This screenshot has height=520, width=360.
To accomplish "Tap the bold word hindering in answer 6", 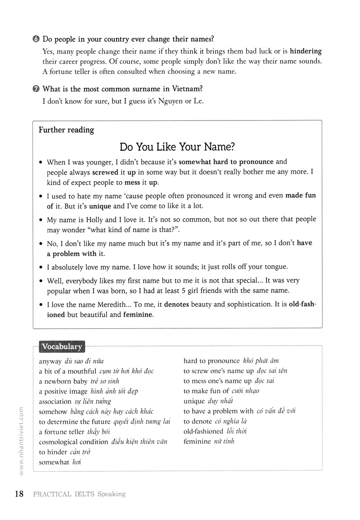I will point(306,51).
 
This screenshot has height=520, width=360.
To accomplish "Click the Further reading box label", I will point(66,130).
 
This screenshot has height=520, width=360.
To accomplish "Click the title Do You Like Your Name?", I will point(178,147).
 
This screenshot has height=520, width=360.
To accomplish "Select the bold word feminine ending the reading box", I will point(138,315).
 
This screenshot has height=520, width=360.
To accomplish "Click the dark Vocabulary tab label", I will point(62,347).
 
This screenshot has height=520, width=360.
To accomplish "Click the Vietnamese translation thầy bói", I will point(100,432).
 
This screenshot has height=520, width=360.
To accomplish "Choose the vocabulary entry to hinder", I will point(53,452).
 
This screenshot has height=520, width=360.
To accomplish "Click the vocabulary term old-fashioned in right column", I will point(203,431).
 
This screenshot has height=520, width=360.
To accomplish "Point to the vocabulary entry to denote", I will point(199,421).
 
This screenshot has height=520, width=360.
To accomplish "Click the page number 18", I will point(19,494).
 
